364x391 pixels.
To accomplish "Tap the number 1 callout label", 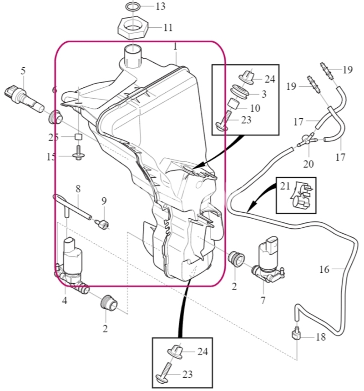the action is click(x=175, y=46).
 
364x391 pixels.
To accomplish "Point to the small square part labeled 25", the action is click(x=79, y=137).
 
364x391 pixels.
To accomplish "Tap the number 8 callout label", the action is click(x=78, y=189).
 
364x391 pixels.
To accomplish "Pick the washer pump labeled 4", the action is click(x=72, y=266).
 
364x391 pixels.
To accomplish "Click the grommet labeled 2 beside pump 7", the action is click(x=237, y=259).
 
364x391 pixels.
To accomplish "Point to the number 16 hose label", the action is click(x=324, y=270).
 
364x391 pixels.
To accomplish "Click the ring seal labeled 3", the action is click(x=240, y=91).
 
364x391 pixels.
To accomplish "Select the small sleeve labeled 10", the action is click(x=233, y=104).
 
